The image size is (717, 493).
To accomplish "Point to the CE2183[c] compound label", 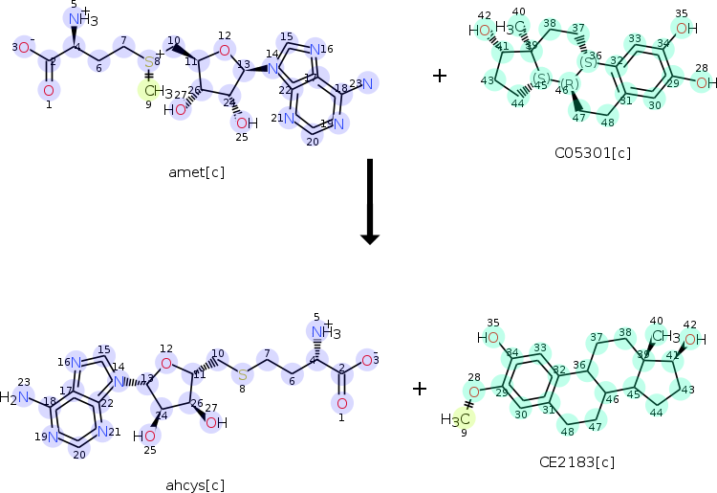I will [x=576, y=462].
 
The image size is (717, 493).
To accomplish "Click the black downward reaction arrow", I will [x=369, y=201].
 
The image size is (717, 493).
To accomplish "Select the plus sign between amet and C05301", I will [x=439, y=75].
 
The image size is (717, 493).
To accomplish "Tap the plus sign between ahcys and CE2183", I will [x=419, y=388].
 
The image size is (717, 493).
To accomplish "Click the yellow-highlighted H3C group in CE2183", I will [x=455, y=419].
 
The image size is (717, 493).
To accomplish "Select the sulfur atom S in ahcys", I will [x=243, y=371].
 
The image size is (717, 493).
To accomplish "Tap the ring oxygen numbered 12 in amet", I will [x=224, y=50].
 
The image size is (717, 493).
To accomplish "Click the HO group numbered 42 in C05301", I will [x=480, y=30].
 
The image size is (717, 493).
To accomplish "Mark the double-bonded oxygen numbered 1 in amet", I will [x=48, y=91].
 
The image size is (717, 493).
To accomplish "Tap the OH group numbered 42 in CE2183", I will [x=696, y=339].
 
